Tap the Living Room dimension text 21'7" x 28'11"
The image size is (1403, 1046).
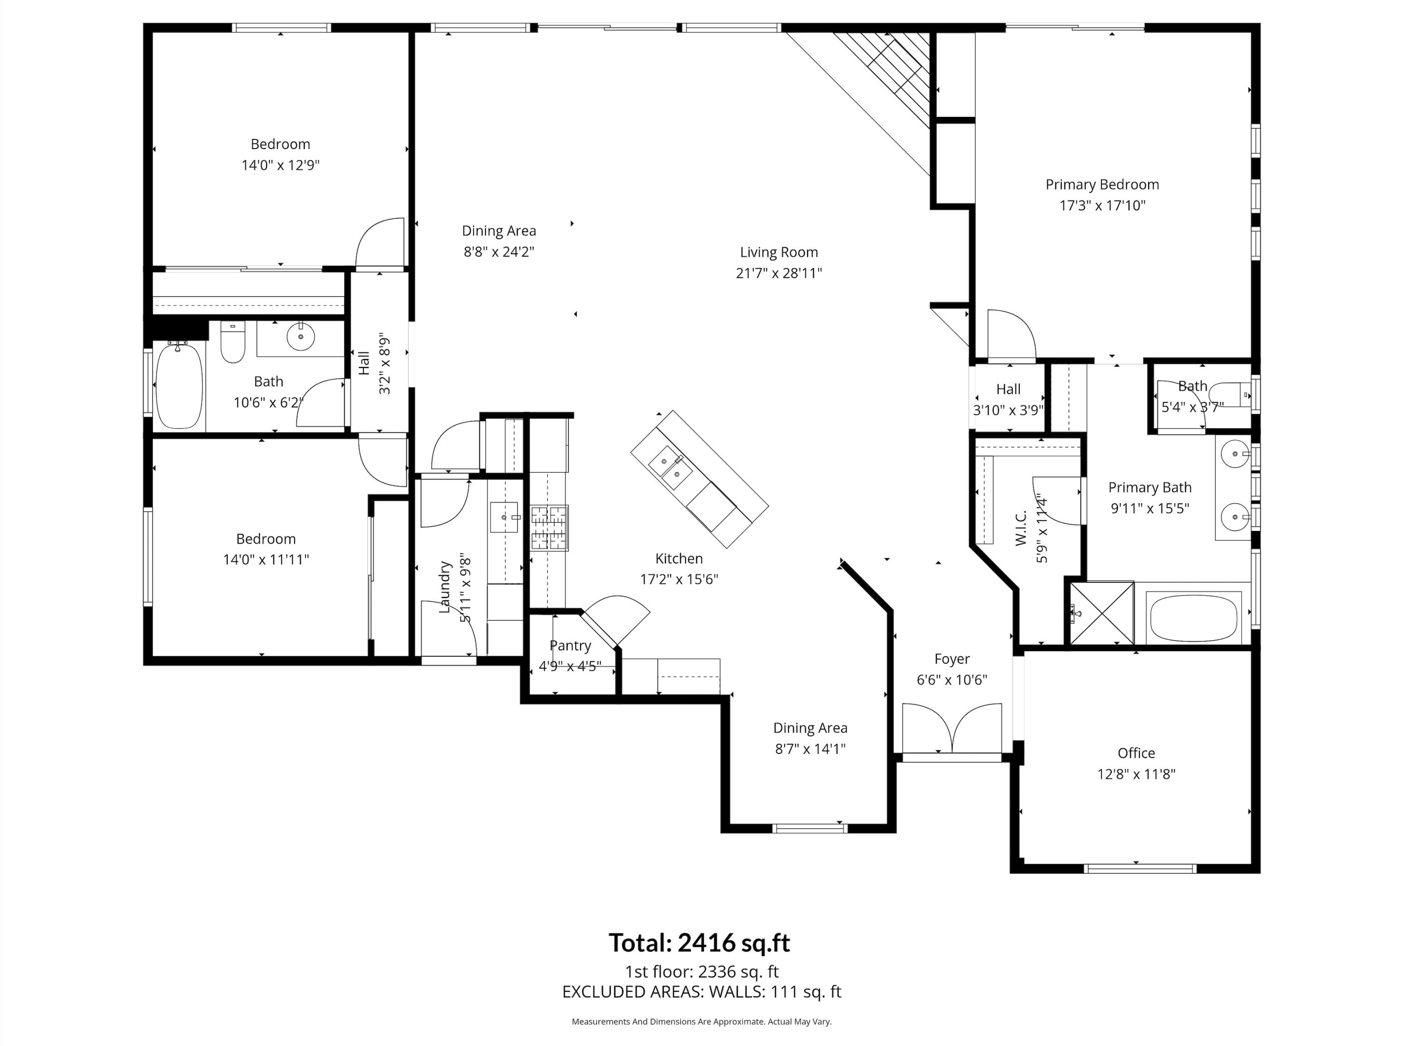coord(779,273)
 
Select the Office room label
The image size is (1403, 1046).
coord(1135,753)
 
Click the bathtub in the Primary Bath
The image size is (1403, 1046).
coord(1193,618)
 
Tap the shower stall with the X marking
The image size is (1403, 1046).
coord(1101,613)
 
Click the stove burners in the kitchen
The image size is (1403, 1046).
coord(549,527)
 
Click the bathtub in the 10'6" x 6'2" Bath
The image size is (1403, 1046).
coord(179,386)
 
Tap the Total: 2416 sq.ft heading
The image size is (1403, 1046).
coord(699,943)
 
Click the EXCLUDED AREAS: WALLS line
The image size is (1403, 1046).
coord(701,991)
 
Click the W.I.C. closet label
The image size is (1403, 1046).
coord(1020,529)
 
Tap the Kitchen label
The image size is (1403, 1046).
coord(679,559)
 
